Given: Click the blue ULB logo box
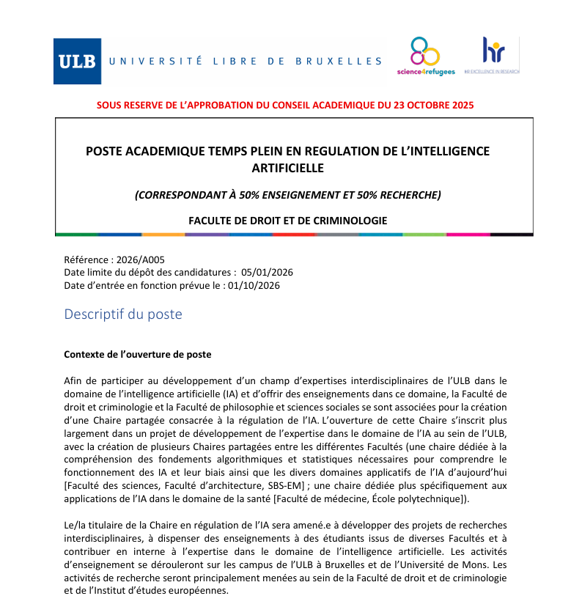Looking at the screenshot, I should tap(76, 61).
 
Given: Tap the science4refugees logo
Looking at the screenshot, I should tap(425, 56).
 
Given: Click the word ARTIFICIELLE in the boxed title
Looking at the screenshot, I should tap(287, 168).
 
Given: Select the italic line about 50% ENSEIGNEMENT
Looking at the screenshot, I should tap(287, 195).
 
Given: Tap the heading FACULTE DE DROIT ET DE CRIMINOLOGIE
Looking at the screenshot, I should tap(287, 220).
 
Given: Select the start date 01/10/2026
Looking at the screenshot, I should tap(254, 285).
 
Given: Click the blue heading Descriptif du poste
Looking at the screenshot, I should tap(123, 314).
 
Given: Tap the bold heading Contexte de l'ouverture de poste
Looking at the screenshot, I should tap(138, 354).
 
